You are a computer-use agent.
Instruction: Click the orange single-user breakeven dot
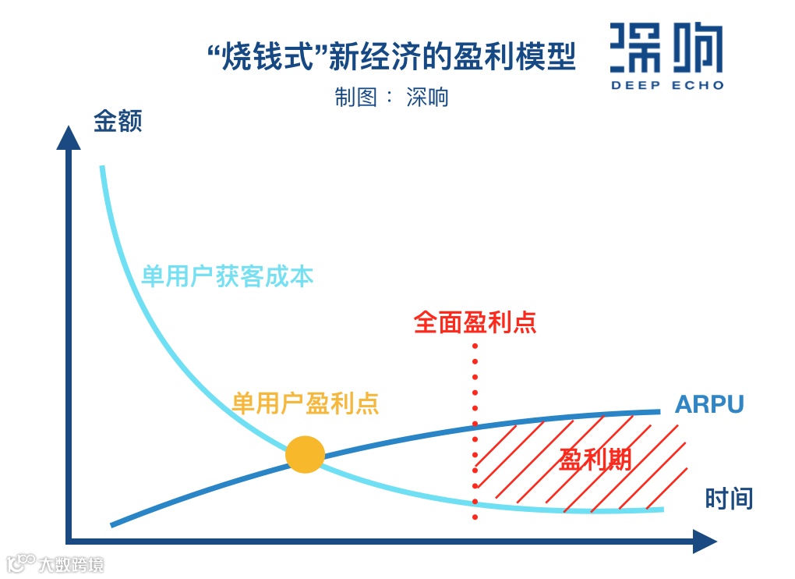[305, 454]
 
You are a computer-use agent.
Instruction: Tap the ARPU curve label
[709, 404]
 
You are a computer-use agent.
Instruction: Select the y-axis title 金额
[118, 122]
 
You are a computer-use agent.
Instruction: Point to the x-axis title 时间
[729, 498]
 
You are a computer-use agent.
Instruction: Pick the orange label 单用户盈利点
[306, 403]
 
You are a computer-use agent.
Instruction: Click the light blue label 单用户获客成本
[227, 276]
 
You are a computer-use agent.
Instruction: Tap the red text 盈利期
[595, 460]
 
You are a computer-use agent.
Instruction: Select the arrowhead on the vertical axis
[69, 137]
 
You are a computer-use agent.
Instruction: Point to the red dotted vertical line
[475, 437]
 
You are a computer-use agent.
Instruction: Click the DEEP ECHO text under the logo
[666, 85]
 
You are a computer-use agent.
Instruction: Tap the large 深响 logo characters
[666, 48]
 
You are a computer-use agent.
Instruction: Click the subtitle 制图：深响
[391, 97]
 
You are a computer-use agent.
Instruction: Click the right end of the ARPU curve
[659, 411]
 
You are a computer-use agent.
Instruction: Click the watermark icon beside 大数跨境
[21, 563]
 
